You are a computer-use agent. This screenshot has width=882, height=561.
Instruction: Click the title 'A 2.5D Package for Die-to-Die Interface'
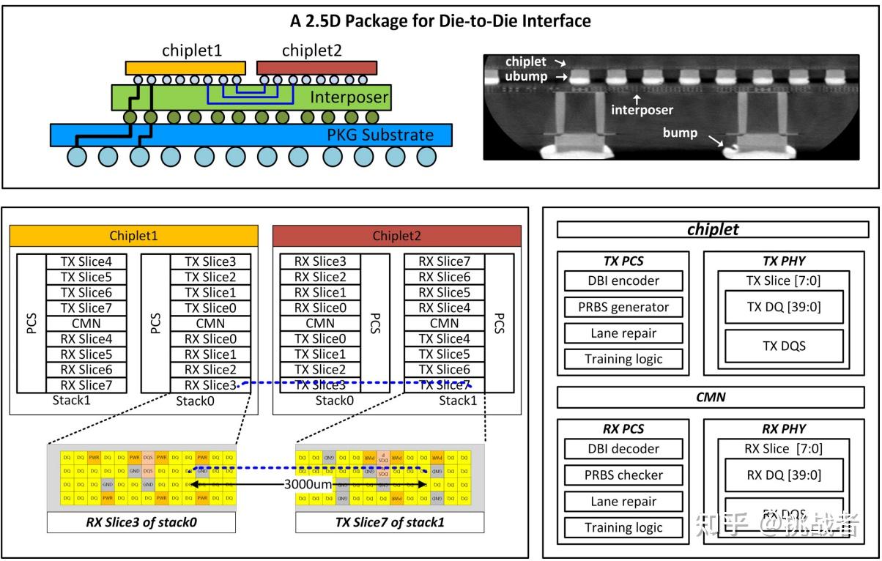(x=440, y=21)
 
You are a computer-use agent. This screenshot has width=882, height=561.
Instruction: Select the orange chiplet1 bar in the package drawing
(x=185, y=67)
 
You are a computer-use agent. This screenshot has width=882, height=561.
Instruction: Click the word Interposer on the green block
(x=349, y=97)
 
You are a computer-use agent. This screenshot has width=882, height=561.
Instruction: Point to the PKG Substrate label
(x=379, y=135)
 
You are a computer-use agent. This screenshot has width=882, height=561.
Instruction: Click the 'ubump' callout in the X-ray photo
(x=525, y=76)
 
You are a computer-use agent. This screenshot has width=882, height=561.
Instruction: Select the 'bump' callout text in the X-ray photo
(x=680, y=133)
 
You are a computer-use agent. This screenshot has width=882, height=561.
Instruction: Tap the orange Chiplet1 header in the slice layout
(x=133, y=236)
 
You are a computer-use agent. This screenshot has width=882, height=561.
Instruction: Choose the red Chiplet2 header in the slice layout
(x=396, y=236)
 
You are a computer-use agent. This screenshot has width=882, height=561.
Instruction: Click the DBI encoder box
(x=623, y=280)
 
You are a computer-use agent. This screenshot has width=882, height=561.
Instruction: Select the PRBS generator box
(x=623, y=307)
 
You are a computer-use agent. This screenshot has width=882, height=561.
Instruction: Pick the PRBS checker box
(x=623, y=475)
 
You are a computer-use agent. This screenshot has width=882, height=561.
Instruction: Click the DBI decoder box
(x=623, y=449)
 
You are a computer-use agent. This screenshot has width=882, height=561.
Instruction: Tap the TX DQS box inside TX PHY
(x=784, y=346)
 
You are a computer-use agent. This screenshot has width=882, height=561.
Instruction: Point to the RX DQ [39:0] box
(x=784, y=475)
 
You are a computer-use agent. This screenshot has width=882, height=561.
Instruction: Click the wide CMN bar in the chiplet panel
(x=712, y=397)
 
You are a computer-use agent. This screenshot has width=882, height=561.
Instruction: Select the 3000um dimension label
(x=308, y=484)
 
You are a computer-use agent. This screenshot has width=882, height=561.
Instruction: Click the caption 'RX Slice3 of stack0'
(x=141, y=522)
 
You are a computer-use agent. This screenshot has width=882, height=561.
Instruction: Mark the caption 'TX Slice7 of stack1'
(x=389, y=522)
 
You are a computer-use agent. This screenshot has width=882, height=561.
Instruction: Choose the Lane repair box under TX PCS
(x=623, y=333)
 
